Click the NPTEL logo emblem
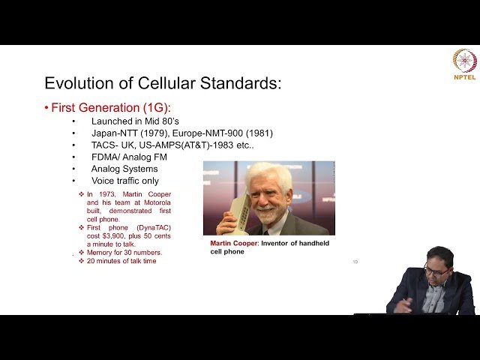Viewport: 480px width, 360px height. click(464, 60)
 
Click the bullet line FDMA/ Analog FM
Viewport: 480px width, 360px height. click(129, 157)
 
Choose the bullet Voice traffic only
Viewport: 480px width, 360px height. click(124, 181)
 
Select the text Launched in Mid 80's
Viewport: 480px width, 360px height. click(135, 121)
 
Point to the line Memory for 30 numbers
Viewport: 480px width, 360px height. click(124, 253)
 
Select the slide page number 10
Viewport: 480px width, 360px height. click(355, 262)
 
